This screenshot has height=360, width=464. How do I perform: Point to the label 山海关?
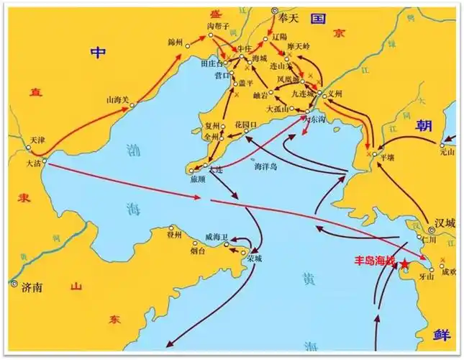click(x=118, y=101)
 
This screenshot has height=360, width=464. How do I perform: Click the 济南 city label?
click(x=32, y=287)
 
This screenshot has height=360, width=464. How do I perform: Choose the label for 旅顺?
click(x=198, y=180)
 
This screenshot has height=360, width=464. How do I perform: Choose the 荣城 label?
click(x=254, y=258)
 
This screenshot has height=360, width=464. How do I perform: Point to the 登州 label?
click(x=176, y=235)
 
